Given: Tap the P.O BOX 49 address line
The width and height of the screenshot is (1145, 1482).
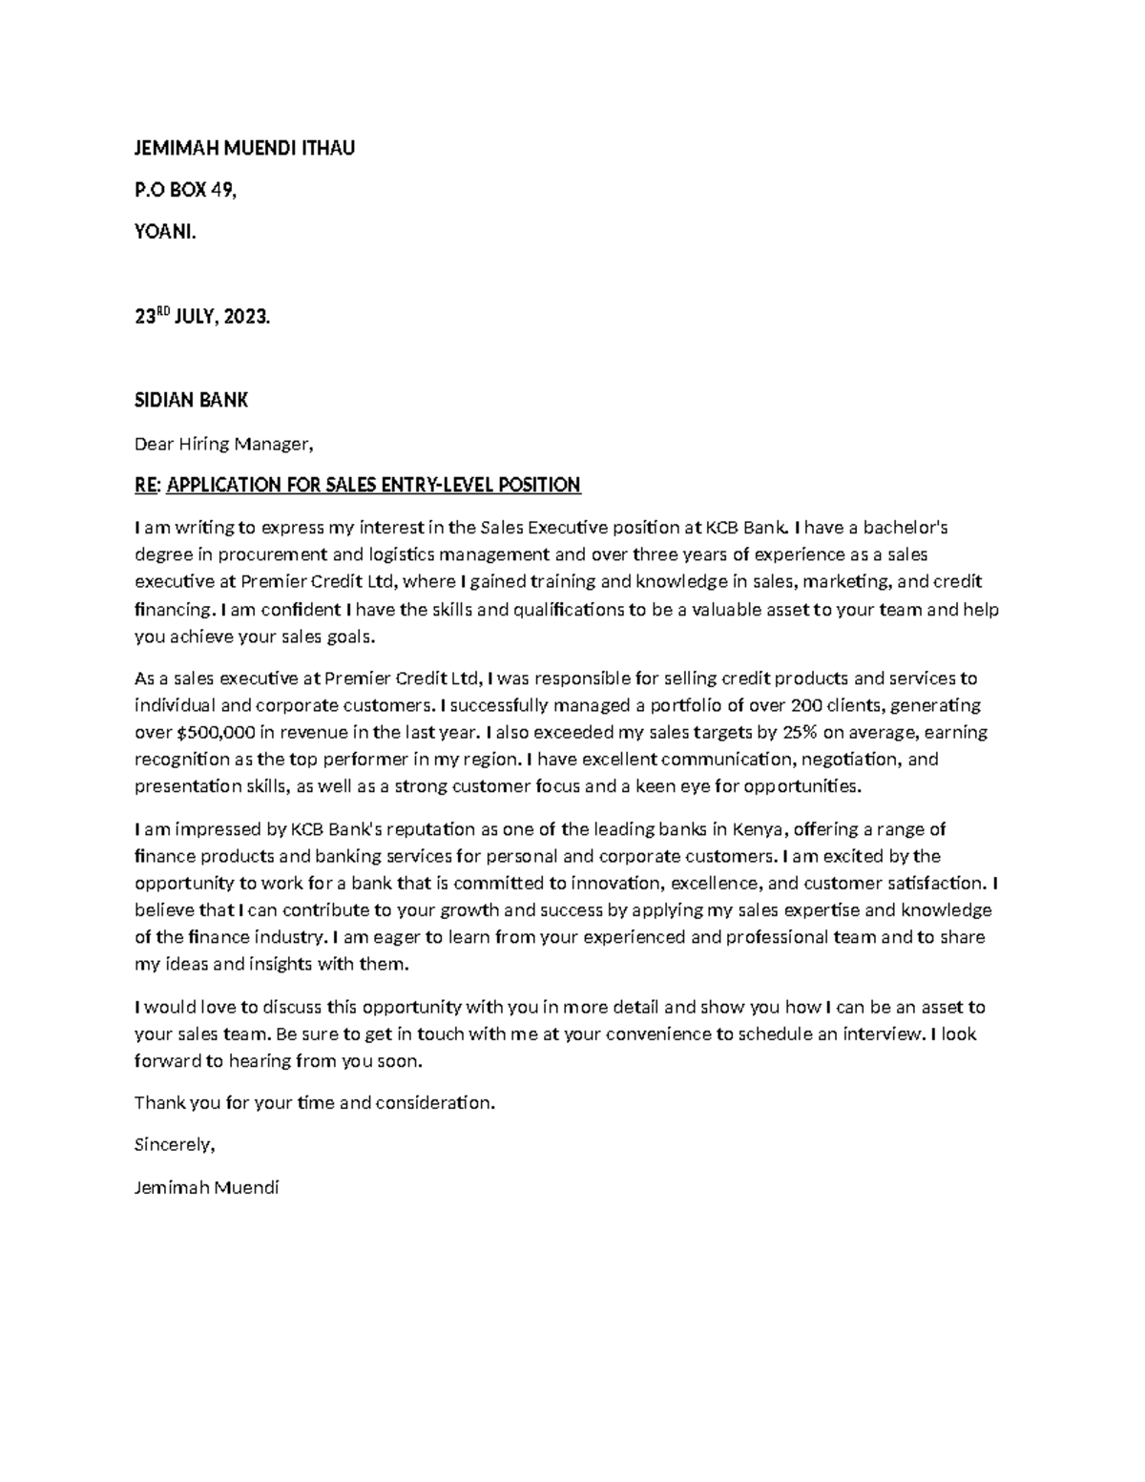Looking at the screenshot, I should pos(184,190).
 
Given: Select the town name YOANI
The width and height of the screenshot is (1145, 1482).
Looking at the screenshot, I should pos(164,232).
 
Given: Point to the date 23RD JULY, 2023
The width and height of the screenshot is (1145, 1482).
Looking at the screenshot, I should pos(202,317).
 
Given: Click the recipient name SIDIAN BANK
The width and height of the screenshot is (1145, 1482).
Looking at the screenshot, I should pos(191,401).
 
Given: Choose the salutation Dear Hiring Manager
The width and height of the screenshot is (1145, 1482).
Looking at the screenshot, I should pos(223,444).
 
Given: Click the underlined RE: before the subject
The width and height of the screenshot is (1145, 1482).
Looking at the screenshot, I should pos(147,486).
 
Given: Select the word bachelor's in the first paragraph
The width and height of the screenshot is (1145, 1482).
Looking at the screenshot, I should pos(905,528).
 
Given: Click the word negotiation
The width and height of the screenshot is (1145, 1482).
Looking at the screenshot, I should pos(849,760).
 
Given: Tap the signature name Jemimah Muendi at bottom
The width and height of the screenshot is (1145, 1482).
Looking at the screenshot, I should pos(207,1188).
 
